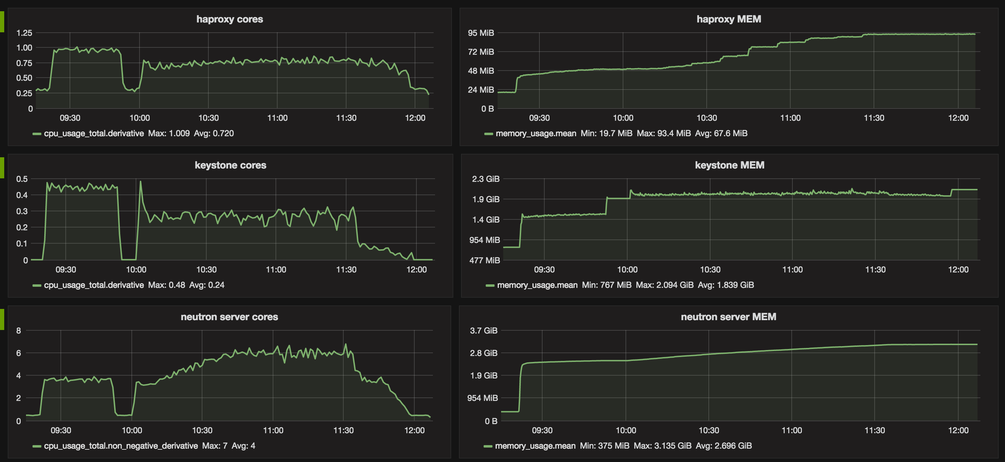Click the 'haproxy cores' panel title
pyautogui.click(x=229, y=19)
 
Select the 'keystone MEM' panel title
pyautogui.click(x=729, y=165)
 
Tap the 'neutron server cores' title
pyautogui.click(x=229, y=317)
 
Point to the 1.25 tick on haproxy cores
pyautogui.click(x=24, y=33)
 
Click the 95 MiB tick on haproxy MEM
pyautogui.click(x=481, y=33)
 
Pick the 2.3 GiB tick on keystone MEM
pyautogui.click(x=485, y=179)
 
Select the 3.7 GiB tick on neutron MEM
pyautogui.click(x=484, y=331)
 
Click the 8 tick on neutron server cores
pyautogui.click(x=18, y=331)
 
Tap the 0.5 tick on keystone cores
pyautogui.click(x=22, y=179)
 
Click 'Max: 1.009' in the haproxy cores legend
pyautogui.click(x=169, y=133)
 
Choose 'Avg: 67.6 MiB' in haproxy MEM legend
pyautogui.click(x=721, y=133)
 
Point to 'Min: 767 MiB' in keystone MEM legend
pyautogui.click(x=606, y=285)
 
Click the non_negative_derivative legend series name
pyautogui.click(x=121, y=445)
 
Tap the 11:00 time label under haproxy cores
pyautogui.click(x=277, y=118)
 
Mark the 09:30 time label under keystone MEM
pyautogui.click(x=544, y=269)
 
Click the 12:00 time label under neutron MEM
pyautogui.click(x=958, y=430)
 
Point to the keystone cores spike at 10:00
pyautogui.click(x=141, y=182)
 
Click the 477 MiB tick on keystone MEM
pyautogui.click(x=484, y=260)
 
